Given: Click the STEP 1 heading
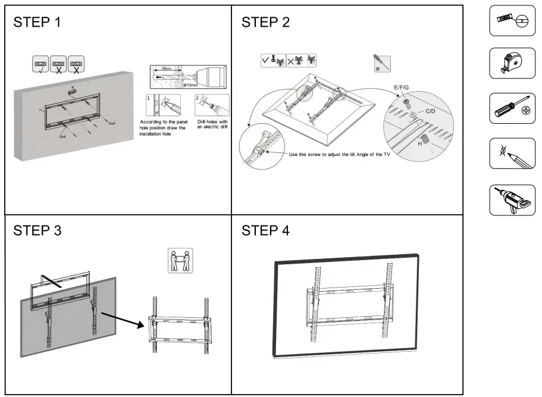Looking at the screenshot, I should click(37, 23).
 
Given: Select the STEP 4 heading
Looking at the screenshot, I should click(265, 230).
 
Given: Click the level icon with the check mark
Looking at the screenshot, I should click(40, 64).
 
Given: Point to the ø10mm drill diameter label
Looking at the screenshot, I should click(190, 85).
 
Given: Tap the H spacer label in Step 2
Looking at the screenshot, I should click(420, 143).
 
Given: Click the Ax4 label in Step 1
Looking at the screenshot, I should click(111, 123).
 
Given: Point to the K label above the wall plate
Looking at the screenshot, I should click(73, 87).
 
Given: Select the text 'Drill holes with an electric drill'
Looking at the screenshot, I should click(212, 124).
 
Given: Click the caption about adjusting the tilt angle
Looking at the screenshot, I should click(339, 154).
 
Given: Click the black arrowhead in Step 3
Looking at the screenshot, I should click(141, 324).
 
